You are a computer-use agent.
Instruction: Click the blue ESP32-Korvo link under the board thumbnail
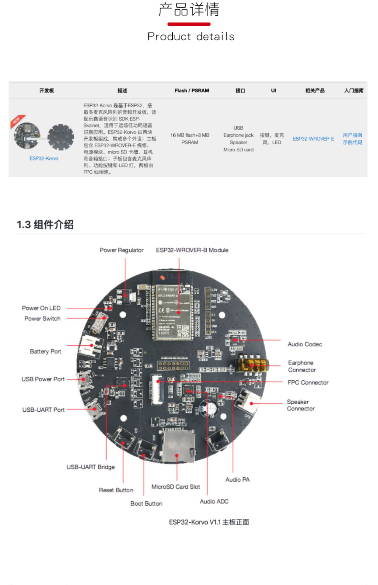point(44,158)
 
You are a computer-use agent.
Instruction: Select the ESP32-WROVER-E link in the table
point(313,139)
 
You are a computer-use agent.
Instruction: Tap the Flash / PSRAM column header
point(192,91)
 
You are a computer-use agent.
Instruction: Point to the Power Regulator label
point(121,250)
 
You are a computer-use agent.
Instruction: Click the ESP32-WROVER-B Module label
point(192,250)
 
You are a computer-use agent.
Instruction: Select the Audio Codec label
point(305,344)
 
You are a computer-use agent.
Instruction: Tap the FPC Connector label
point(308,382)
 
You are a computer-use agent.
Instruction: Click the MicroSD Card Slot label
point(176,487)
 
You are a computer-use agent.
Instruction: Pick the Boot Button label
point(146,503)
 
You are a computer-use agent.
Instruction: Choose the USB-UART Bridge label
point(90,467)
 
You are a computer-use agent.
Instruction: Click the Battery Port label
point(45,351)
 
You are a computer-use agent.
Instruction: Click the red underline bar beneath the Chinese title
point(189,24)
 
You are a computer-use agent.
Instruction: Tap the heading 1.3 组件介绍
point(45,224)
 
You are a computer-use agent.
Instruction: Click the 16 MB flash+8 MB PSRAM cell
point(190,139)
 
